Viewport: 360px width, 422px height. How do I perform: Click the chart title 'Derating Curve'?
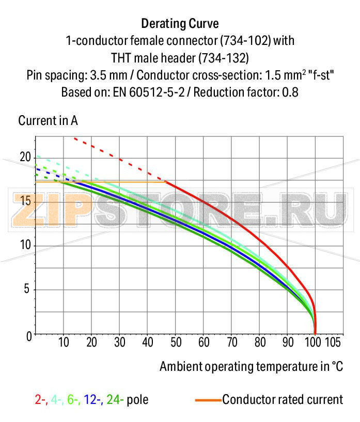click(x=180, y=24)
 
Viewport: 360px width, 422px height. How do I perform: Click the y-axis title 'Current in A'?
click(x=48, y=121)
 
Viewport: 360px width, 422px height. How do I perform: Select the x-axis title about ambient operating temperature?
click(x=251, y=367)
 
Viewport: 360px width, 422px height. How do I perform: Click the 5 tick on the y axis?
click(x=27, y=290)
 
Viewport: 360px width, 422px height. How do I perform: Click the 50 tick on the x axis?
click(x=176, y=342)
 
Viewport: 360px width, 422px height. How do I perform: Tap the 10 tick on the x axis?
click(x=64, y=342)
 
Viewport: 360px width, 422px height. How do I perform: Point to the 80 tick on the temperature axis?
click(x=260, y=342)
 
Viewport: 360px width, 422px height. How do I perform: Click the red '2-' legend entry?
click(x=40, y=399)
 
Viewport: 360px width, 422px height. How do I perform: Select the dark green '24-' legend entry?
click(x=115, y=399)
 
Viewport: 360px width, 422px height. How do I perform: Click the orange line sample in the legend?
click(x=208, y=400)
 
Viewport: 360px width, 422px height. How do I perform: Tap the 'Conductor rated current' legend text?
click(x=283, y=399)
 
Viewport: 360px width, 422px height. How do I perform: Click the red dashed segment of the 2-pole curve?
click(x=119, y=158)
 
